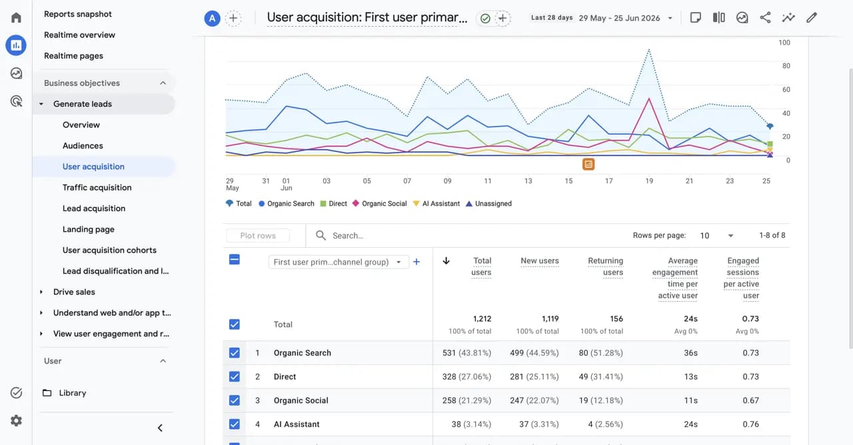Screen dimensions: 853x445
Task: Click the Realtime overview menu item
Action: tap(79, 35)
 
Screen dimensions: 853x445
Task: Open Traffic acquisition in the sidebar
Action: tap(97, 187)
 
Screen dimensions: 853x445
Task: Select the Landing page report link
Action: tap(89, 229)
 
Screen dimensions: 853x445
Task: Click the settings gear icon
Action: tap(16, 420)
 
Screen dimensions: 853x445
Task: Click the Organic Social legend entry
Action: tap(380, 204)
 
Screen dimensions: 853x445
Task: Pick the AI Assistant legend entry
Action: tap(436, 204)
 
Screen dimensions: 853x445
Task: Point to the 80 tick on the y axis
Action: tap(786, 66)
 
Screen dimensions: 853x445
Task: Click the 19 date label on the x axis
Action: tap(649, 181)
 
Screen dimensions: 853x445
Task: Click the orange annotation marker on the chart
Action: tap(588, 164)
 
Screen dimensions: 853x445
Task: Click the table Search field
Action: tap(348, 236)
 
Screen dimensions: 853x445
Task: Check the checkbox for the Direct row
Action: tap(234, 376)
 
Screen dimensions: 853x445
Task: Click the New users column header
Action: tap(540, 260)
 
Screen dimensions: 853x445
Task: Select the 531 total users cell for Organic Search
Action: tap(466, 353)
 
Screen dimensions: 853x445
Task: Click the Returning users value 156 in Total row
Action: tap(616, 318)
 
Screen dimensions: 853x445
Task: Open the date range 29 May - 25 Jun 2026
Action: tap(625, 18)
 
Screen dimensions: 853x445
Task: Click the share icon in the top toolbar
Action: tap(765, 17)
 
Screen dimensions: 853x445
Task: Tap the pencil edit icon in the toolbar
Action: tap(812, 17)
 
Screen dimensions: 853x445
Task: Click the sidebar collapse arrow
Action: tap(160, 428)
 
